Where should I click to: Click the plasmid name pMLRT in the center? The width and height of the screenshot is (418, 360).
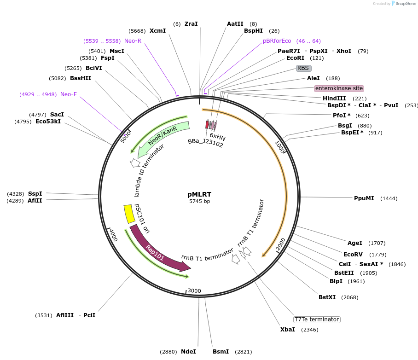[199, 194]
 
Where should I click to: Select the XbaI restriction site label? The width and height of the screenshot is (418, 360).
[288, 330]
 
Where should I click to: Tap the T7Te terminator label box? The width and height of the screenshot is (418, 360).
[317, 319]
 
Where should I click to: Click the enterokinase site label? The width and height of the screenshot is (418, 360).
[339, 88]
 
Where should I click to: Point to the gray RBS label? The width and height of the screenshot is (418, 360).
[303, 68]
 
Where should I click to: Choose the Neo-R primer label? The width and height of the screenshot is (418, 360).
[133, 41]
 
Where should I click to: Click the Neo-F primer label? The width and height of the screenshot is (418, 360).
[69, 94]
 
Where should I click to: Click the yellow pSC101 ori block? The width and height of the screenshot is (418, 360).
[129, 214]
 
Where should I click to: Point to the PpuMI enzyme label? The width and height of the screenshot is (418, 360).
[364, 198]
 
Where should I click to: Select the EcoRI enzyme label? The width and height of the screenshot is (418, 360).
[295, 58]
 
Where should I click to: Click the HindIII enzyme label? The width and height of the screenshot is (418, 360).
[334, 99]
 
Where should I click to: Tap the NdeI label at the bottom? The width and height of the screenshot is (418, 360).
[188, 352]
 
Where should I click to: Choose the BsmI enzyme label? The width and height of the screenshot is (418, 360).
[221, 352]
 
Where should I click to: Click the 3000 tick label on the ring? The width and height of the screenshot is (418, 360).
[194, 291]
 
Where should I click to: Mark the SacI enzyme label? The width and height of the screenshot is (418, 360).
[57, 115]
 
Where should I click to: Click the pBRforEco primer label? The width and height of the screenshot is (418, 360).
[277, 41]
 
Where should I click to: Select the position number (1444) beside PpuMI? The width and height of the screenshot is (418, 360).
[389, 198]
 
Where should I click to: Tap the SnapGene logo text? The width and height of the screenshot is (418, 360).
[406, 4]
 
